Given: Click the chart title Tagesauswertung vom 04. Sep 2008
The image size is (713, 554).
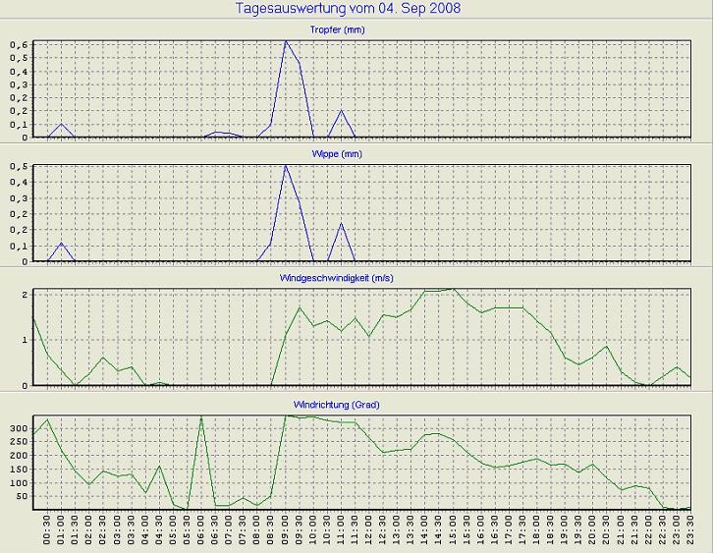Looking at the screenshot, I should click(x=349, y=9).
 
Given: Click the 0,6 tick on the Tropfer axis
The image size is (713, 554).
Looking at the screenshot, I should click(x=21, y=44).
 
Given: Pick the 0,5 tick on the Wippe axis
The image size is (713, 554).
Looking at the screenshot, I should click(x=21, y=168).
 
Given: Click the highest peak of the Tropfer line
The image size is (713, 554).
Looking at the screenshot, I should click(x=286, y=41).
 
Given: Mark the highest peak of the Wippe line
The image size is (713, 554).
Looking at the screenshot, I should click(x=286, y=165).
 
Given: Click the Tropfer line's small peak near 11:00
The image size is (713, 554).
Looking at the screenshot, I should click(x=342, y=110).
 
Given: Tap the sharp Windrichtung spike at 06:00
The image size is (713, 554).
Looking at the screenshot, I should click(x=201, y=416).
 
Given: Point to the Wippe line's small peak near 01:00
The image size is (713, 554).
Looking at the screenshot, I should click(x=61, y=243).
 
